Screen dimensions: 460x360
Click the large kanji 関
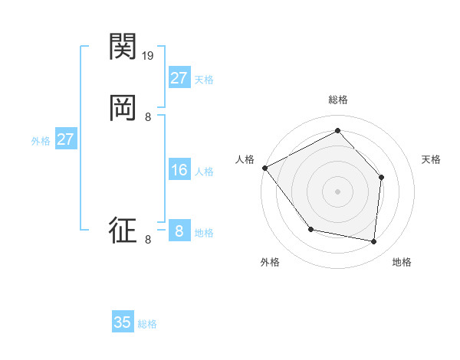pyautogui.click(x=123, y=47)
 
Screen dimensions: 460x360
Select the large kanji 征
pyautogui.click(x=123, y=230)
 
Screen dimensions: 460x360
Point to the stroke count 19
pyautogui.click(x=149, y=56)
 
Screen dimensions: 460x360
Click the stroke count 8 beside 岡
pyautogui.click(x=148, y=116)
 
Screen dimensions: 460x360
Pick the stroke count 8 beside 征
pyautogui.click(x=148, y=240)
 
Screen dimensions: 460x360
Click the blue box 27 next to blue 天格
pyautogui.click(x=179, y=78)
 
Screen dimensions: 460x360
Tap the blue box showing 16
pyautogui.click(x=179, y=170)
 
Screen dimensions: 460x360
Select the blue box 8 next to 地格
pyautogui.click(x=179, y=231)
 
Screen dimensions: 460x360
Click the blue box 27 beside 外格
pyautogui.click(x=65, y=139)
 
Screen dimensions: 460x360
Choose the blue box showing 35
pyautogui.click(x=123, y=322)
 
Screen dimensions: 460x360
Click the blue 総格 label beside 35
pyautogui.click(x=147, y=324)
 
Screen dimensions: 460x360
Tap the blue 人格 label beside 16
pyautogui.click(x=204, y=172)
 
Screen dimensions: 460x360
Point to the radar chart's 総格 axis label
pyautogui.click(x=337, y=100)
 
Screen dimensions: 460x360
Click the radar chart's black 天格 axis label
pyautogui.click(x=431, y=159)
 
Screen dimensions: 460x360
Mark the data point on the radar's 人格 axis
pyautogui.click(x=264, y=168)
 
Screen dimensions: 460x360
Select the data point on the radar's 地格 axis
pyautogui.click(x=373, y=241)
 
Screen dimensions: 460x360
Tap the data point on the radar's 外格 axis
pyautogui.click(x=310, y=229)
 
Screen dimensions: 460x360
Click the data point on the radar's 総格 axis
pyautogui.click(x=337, y=130)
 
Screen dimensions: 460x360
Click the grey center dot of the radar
pyautogui.click(x=337, y=191)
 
